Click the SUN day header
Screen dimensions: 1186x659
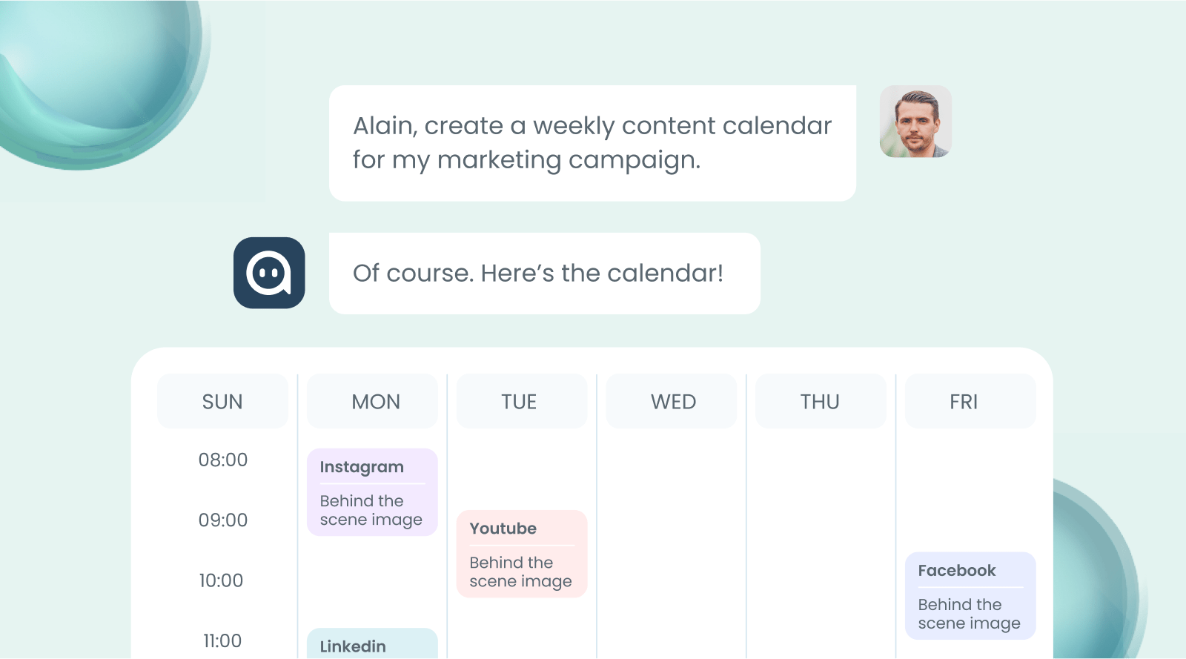coord(222,402)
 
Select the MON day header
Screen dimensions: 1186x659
coord(376,402)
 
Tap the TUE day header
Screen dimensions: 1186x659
coord(519,402)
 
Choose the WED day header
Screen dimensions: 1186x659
coord(674,402)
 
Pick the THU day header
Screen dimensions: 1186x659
coord(820,402)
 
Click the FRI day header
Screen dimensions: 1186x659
coord(964,402)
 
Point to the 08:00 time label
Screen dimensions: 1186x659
coord(223,460)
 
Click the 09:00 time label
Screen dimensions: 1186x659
coord(223,520)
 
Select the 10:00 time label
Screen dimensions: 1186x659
coord(222,580)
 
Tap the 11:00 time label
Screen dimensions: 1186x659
coord(222,640)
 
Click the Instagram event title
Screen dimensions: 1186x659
coord(362,468)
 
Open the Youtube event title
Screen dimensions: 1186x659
coord(503,529)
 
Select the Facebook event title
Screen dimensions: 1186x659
coord(957,570)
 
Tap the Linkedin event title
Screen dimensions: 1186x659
coord(353,646)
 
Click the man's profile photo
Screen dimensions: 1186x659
coord(915,122)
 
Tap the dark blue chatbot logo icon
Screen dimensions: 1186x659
coord(269,273)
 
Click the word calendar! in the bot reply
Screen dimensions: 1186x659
coord(665,273)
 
